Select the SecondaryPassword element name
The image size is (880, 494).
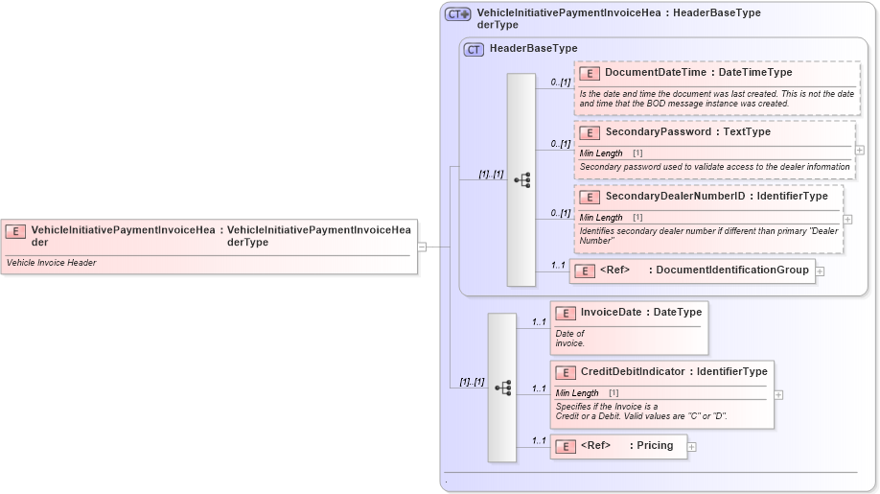(657, 131)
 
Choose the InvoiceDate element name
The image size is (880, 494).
(612, 312)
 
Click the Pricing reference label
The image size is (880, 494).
(655, 445)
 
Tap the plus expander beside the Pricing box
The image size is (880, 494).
(692, 447)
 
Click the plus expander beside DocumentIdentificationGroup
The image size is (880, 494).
(820, 271)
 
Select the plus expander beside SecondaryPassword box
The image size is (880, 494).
(859, 150)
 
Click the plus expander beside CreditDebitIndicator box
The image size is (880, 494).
(778, 394)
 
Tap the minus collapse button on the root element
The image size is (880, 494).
(422, 247)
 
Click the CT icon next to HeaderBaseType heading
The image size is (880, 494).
(474, 49)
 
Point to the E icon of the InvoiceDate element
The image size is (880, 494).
(566, 313)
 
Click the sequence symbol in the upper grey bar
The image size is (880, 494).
(522, 179)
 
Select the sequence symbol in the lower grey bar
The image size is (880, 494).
(502, 388)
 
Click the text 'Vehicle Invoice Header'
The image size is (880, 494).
(52, 263)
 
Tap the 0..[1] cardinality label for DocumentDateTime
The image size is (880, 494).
(560, 82)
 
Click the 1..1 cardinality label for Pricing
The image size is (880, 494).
(538, 441)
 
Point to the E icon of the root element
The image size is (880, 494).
(15, 230)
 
